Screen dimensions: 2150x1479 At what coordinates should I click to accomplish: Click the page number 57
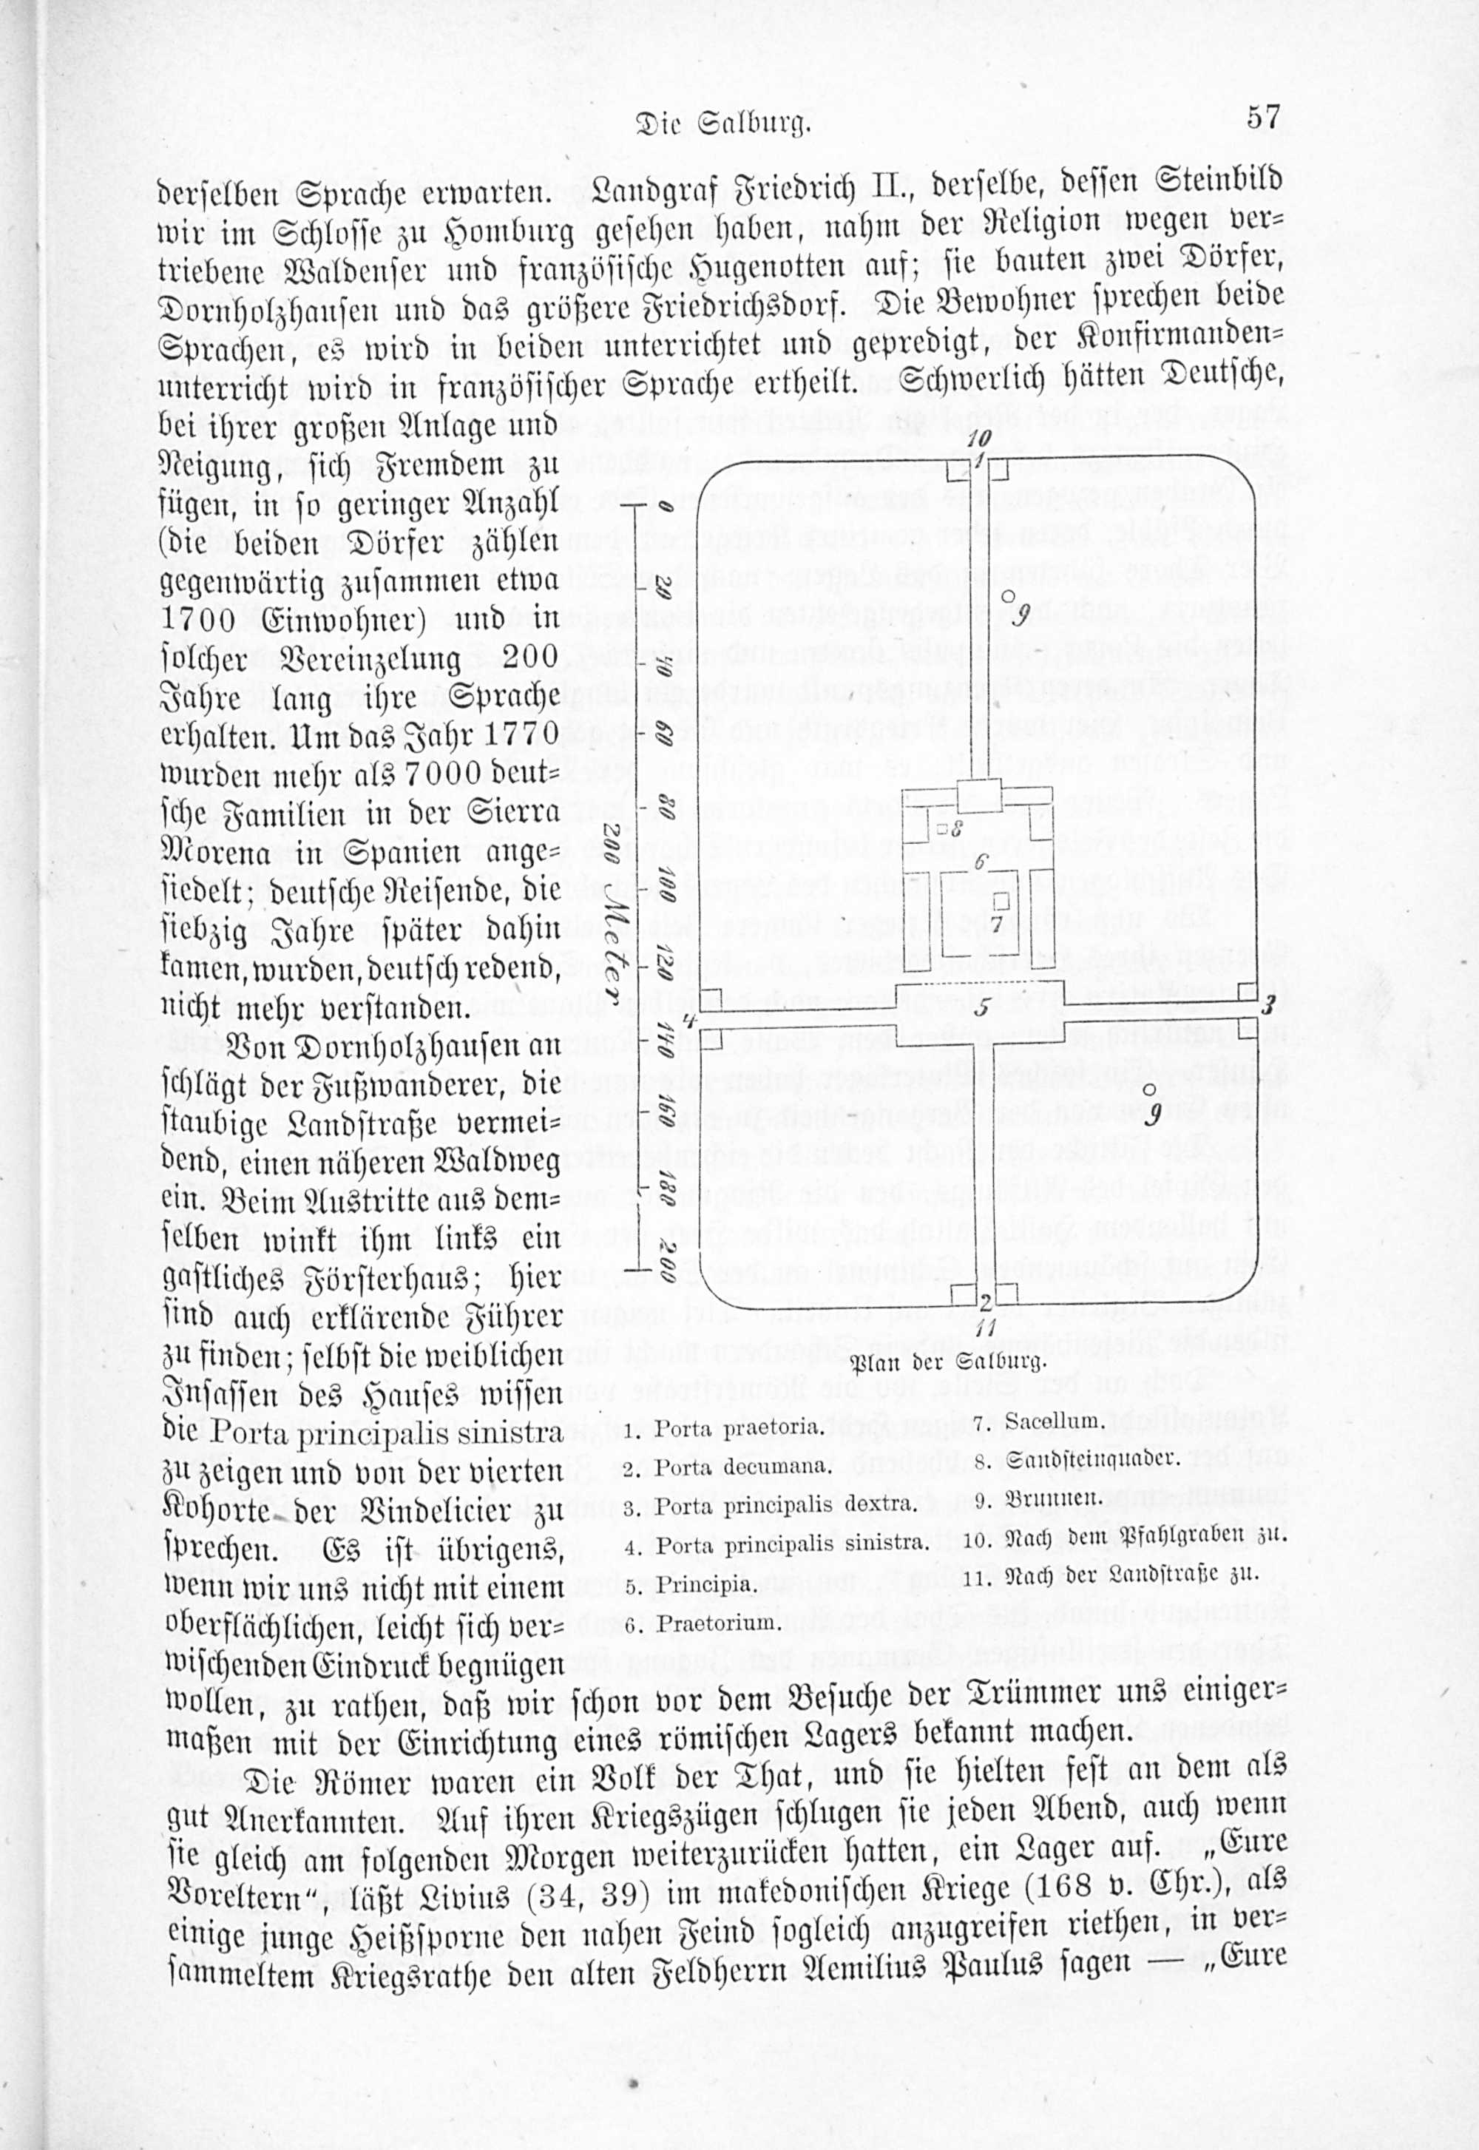(1263, 118)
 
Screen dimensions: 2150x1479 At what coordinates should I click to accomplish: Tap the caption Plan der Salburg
(948, 1362)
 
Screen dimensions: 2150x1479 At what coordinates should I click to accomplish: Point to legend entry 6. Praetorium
(704, 1623)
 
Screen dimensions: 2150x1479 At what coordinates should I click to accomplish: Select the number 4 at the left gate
(688, 1021)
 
